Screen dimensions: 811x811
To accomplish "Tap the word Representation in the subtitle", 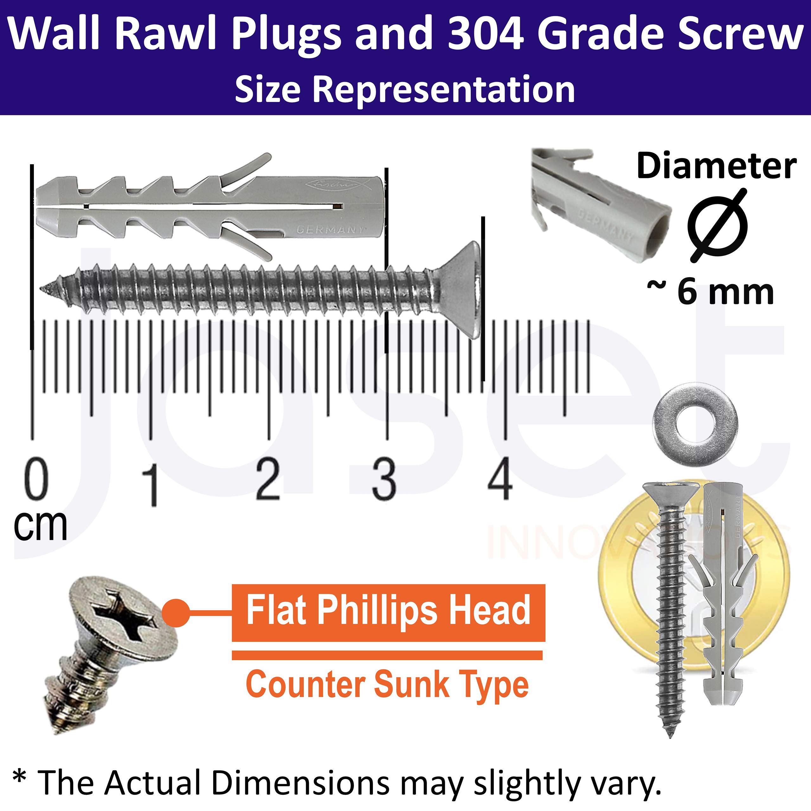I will (x=444, y=89).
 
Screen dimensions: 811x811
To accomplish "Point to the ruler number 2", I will (x=268, y=479).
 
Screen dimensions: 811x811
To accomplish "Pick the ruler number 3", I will (x=384, y=479).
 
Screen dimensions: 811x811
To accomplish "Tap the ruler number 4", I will (x=500, y=479).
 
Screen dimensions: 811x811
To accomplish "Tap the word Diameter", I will (x=716, y=166).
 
